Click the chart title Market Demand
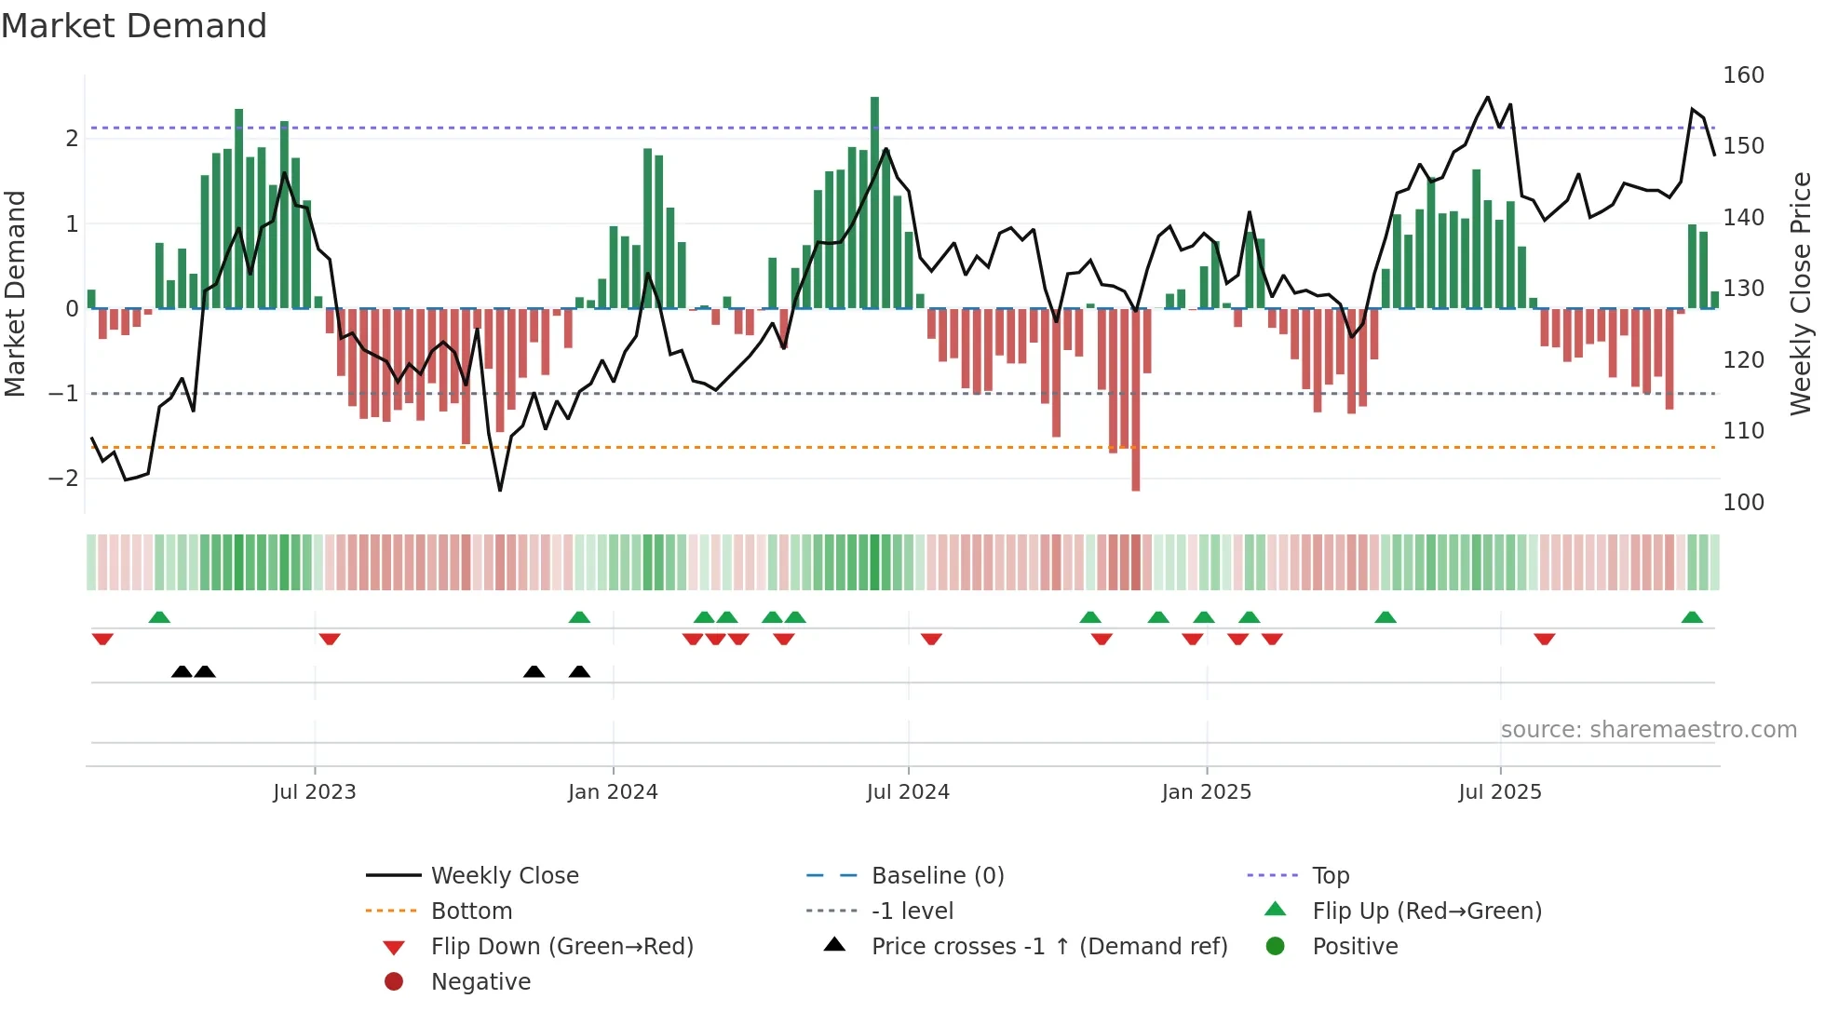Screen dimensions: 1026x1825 [x=134, y=26]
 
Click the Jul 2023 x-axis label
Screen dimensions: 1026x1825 [x=314, y=792]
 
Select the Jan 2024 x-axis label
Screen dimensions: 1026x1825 [x=613, y=792]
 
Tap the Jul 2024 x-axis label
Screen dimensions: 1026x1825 [x=908, y=792]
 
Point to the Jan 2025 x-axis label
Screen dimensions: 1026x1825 [x=1206, y=792]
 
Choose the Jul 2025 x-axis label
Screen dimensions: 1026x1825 [x=1500, y=792]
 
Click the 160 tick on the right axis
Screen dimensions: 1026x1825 [x=1743, y=75]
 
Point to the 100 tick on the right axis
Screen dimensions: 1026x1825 [x=1743, y=503]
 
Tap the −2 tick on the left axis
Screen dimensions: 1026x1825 [x=63, y=479]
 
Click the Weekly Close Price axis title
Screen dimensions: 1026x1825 [x=1801, y=293]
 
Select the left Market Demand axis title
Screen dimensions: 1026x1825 [x=15, y=293]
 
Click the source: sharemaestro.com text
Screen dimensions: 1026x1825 [x=1648, y=730]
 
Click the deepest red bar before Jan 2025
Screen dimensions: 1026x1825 [x=1135, y=399]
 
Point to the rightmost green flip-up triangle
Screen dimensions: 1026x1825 [x=1692, y=617]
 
